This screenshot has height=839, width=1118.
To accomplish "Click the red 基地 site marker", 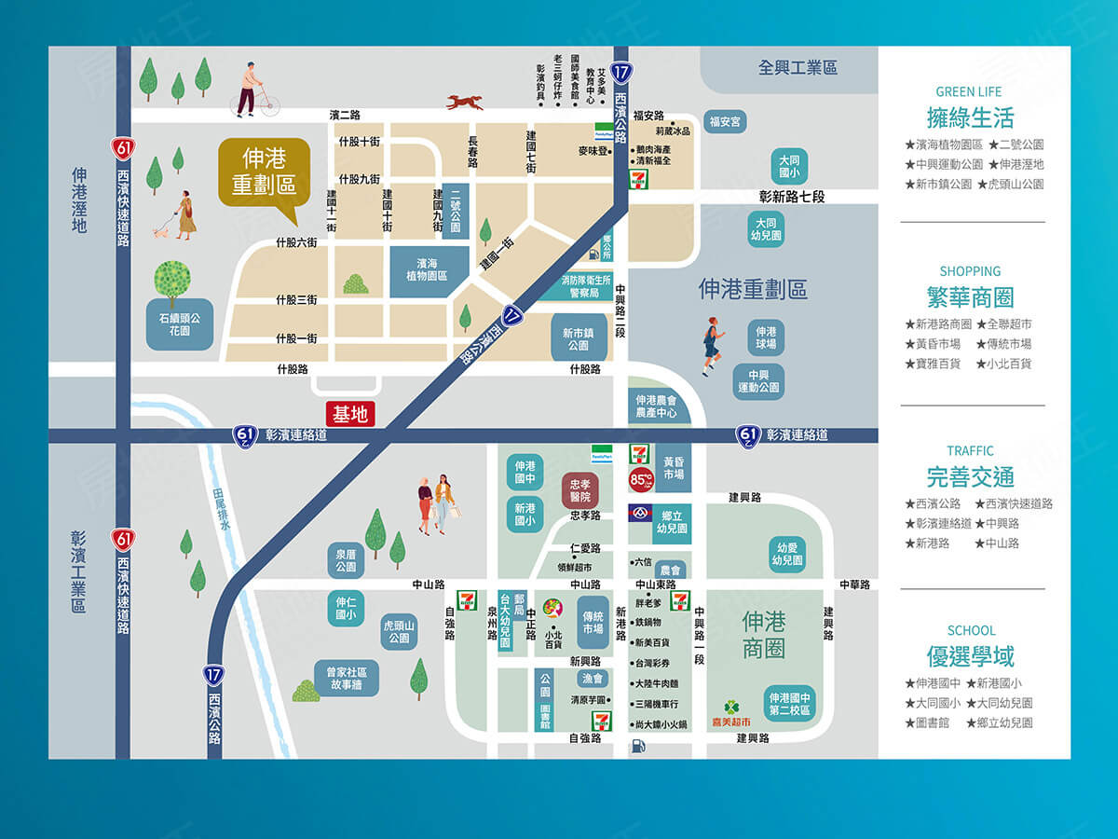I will pyautogui.click(x=350, y=415).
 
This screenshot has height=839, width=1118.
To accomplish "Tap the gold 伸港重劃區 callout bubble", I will pyautogui.click(x=264, y=172).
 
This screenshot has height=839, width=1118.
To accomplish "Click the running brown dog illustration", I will pyautogui.click(x=464, y=102).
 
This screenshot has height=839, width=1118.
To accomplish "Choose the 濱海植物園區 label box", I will pyautogui.click(x=425, y=270).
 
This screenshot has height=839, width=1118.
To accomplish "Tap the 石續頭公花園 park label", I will pyautogui.click(x=180, y=324).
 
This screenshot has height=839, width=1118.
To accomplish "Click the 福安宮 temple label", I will pyautogui.click(x=725, y=121).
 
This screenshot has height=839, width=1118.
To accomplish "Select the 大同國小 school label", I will pyautogui.click(x=789, y=166).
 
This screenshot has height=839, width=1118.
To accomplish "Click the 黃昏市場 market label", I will pyautogui.click(x=674, y=468).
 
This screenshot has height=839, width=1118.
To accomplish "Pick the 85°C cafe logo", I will pyautogui.click(x=641, y=480).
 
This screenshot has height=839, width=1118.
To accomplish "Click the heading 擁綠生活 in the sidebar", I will pyautogui.click(x=970, y=118).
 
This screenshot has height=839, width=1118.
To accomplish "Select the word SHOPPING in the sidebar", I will pyautogui.click(x=970, y=271).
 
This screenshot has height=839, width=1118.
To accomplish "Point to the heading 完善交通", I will pyautogui.click(x=970, y=477).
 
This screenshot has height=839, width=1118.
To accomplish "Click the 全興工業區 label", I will pyautogui.click(x=798, y=68).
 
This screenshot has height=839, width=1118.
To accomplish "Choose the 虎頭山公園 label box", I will pyautogui.click(x=399, y=631).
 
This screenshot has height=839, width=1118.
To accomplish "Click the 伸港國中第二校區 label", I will pyautogui.click(x=790, y=704).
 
